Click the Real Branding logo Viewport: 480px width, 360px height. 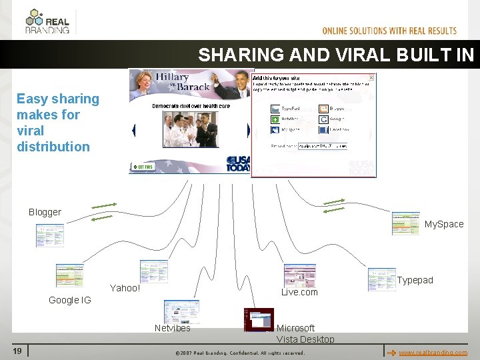coord(47,21)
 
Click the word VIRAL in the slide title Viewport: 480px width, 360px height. coord(358,55)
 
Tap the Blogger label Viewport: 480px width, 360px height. coord(45,212)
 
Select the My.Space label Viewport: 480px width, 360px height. coord(443,224)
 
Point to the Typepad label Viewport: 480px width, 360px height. coord(415,280)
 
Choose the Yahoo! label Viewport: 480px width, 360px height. coord(125,288)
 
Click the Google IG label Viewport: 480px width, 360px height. coord(69,300)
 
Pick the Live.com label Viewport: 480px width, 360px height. coord(299,292)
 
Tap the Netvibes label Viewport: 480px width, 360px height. coord(172,328)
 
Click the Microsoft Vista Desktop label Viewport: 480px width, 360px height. coord(305,333)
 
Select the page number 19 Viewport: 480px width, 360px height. coord(18,351)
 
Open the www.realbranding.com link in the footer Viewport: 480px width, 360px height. coord(433,352)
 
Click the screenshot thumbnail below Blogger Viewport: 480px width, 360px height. coord(49,235)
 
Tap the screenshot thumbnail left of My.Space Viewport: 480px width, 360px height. coord(405,223)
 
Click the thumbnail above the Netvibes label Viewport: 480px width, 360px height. coord(181,311)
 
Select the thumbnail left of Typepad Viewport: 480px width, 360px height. coord(381,279)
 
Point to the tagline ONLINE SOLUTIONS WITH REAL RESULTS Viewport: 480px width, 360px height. coord(389,31)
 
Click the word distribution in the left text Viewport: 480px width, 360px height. coord(53,147)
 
